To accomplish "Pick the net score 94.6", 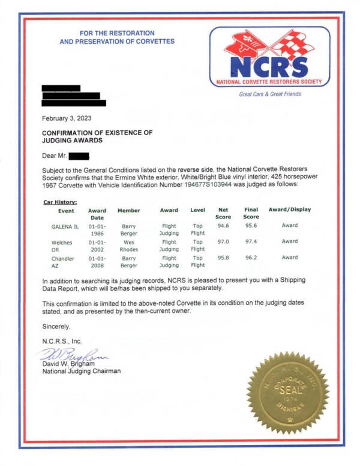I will [223, 226].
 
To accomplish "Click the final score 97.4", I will [251, 241].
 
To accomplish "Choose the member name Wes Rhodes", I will [128, 245].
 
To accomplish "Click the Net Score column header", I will [223, 214].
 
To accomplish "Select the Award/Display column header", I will [290, 210].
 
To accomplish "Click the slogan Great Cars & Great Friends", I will [269, 94].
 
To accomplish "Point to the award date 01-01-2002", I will [97, 245].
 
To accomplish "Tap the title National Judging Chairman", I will [81, 371].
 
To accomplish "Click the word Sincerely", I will [56, 327].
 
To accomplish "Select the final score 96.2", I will [251, 258].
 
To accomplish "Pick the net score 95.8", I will [223, 258].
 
